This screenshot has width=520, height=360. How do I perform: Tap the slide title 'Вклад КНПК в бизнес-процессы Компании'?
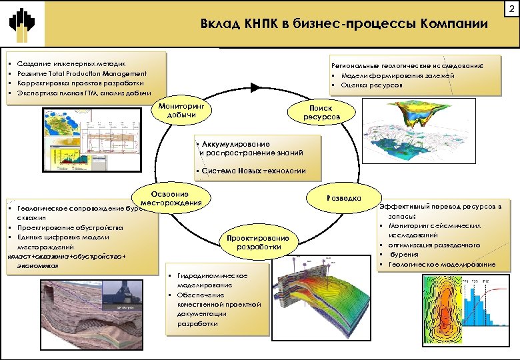point(344,24)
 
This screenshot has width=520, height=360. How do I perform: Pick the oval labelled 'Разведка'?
point(344,198)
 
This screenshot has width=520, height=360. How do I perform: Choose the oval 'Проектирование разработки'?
point(258,242)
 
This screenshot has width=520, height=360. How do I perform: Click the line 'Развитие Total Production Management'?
point(82,73)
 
